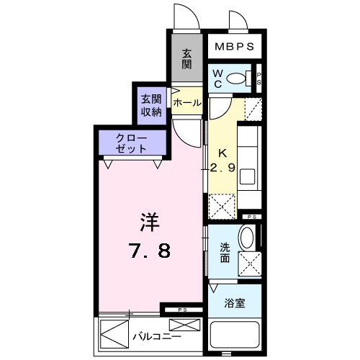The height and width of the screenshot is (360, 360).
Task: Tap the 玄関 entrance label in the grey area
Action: coord(186,60)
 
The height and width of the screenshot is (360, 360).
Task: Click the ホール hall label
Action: coord(186,103)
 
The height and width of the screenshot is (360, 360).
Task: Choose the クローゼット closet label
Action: coord(133,143)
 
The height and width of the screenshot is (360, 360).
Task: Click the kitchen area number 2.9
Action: coord(222,169)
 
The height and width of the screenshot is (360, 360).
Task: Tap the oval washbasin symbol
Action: coord(246,238)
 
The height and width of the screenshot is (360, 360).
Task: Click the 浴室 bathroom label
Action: coord(235,303)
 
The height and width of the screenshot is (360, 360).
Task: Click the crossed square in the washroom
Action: coord(248,265)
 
